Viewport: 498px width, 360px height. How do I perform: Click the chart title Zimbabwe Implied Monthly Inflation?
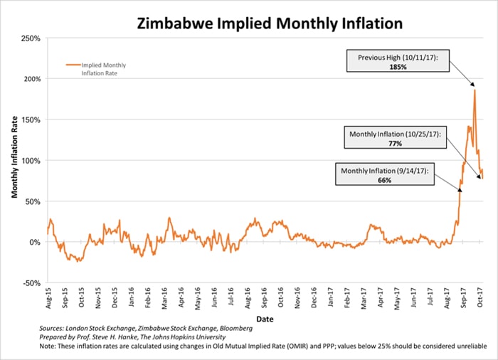pos(270,23)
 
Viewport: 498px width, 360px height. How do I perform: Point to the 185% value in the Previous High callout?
pos(398,65)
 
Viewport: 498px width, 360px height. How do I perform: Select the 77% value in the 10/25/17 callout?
pos(396,144)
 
